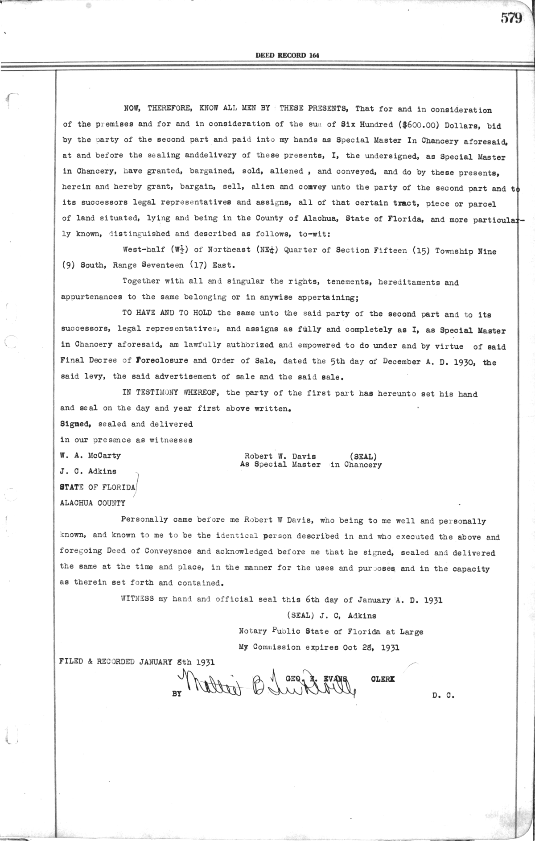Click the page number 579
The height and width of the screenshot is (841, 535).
[511, 18]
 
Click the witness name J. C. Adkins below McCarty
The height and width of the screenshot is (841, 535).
[88, 471]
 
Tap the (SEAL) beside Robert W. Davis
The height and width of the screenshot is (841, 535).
[363, 456]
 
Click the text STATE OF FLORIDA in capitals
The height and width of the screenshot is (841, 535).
[97, 487]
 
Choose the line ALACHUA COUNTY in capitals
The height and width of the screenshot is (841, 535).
[92, 503]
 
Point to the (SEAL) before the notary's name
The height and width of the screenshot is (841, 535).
[301, 616]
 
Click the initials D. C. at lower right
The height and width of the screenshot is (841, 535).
[443, 695]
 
